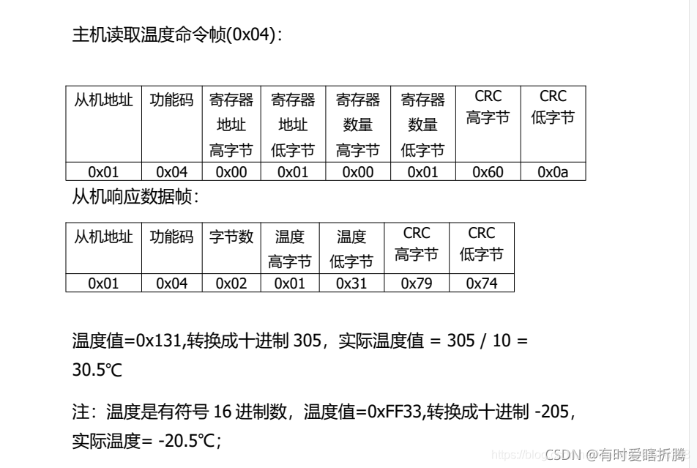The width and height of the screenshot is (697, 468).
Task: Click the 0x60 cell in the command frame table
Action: coord(488,172)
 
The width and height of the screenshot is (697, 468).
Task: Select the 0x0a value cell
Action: coord(553,172)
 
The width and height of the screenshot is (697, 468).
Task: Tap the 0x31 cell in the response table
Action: coord(351,283)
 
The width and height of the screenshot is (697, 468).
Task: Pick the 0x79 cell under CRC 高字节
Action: coord(417,283)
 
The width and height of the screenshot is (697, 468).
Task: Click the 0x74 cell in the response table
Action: coord(481,283)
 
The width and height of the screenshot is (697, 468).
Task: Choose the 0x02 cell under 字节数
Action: coord(231,283)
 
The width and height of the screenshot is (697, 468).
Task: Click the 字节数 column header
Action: coord(231,237)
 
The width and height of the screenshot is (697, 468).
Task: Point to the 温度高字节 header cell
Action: coord(290,249)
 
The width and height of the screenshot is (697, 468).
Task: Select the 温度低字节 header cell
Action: coord(351,249)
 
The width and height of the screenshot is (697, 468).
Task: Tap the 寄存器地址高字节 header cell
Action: coord(231,125)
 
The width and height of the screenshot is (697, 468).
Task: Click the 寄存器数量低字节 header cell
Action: coord(422,125)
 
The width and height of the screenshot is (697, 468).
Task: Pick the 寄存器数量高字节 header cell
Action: coord(357,125)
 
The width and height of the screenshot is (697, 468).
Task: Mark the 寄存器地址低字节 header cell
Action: coord(293,125)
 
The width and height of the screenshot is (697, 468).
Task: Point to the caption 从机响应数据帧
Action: coord(135,197)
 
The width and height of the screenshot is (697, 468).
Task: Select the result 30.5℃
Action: coord(97,371)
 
